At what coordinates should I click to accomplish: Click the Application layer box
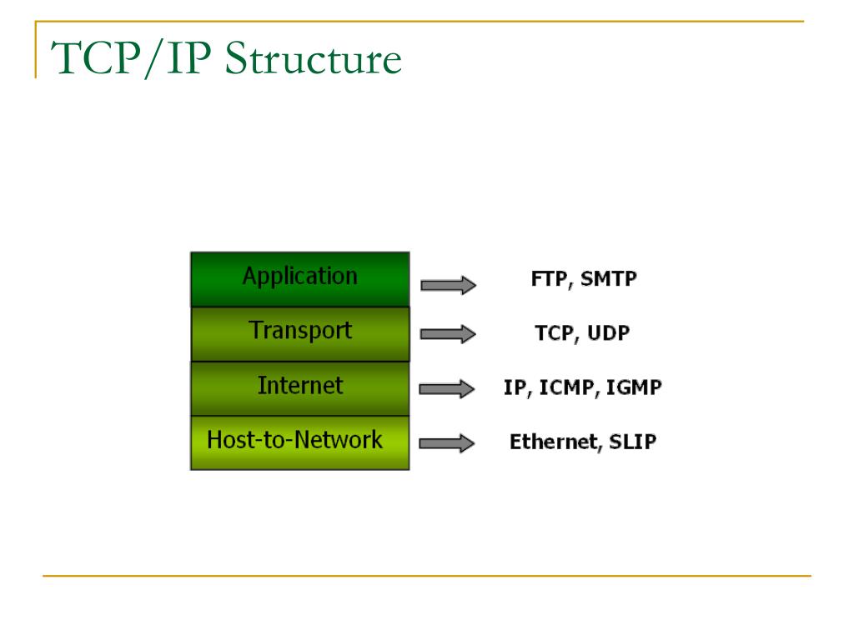[x=300, y=278]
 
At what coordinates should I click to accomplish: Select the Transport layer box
[x=300, y=333]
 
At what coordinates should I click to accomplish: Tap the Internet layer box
[x=300, y=388]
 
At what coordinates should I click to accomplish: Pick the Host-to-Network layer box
[x=300, y=442]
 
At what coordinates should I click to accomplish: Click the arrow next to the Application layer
[x=448, y=286]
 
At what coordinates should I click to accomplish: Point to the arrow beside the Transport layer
[x=448, y=335]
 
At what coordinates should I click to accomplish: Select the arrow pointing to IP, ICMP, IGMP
[x=446, y=388]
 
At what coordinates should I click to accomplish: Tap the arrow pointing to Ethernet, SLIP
[x=446, y=443]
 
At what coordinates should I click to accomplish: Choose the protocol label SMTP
[x=609, y=279]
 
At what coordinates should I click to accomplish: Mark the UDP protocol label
[x=608, y=333]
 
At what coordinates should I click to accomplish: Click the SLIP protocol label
[x=632, y=442]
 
